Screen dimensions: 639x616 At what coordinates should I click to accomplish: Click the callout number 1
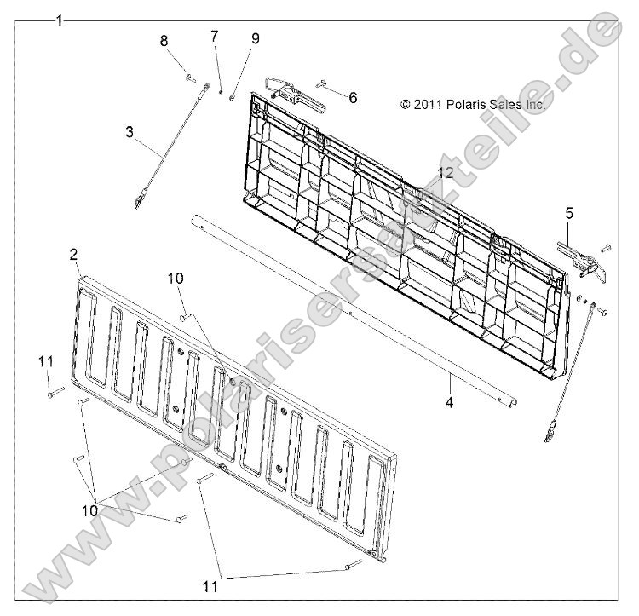click(60, 20)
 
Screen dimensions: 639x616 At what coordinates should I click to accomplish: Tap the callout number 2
click(73, 255)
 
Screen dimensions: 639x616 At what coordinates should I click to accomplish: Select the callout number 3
click(130, 132)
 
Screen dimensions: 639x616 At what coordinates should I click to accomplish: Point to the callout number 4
click(449, 402)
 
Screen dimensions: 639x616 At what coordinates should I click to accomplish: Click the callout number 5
click(569, 213)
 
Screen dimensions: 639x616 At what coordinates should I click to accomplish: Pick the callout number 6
click(353, 98)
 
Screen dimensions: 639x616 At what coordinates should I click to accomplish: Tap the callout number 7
click(215, 36)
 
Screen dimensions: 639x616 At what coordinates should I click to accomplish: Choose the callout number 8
click(164, 41)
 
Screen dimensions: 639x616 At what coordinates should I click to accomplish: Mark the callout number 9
click(255, 38)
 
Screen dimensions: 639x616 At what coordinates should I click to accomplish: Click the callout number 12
click(446, 173)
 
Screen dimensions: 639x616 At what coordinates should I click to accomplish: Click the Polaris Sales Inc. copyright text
click(473, 105)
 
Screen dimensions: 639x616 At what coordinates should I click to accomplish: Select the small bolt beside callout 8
click(190, 77)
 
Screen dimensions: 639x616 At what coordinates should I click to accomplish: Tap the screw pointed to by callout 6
click(321, 83)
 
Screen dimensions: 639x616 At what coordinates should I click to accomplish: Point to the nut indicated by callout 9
click(232, 97)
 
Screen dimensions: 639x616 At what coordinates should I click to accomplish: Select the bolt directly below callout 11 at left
click(56, 392)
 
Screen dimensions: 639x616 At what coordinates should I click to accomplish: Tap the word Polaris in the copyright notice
click(466, 105)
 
